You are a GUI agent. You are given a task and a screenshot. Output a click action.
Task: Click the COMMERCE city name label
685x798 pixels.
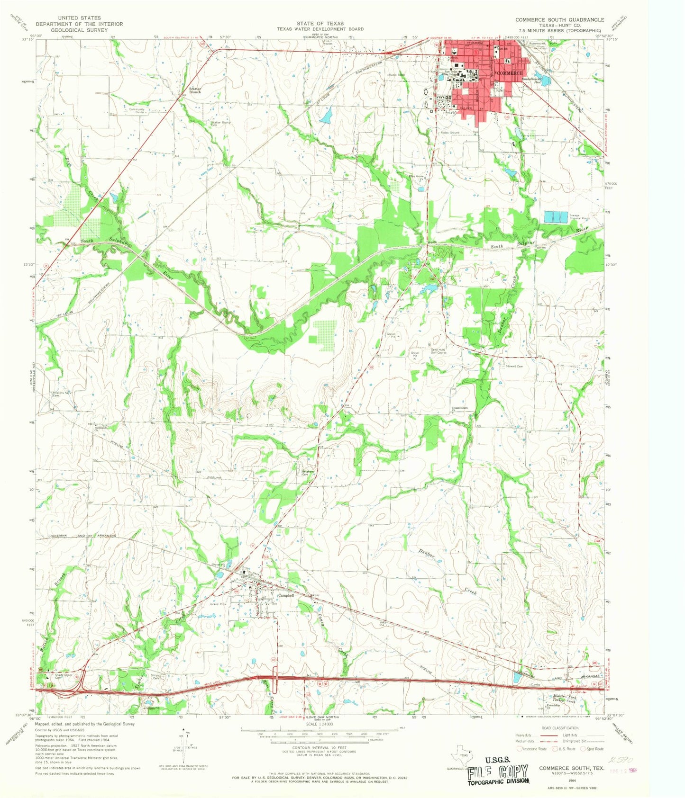(x=510, y=73)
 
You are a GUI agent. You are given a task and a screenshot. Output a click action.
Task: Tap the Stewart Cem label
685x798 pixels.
(x=514, y=366)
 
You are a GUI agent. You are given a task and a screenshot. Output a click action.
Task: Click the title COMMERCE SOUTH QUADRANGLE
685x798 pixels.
(x=560, y=19)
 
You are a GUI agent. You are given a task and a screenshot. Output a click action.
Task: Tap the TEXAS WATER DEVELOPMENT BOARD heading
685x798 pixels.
(x=320, y=29)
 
